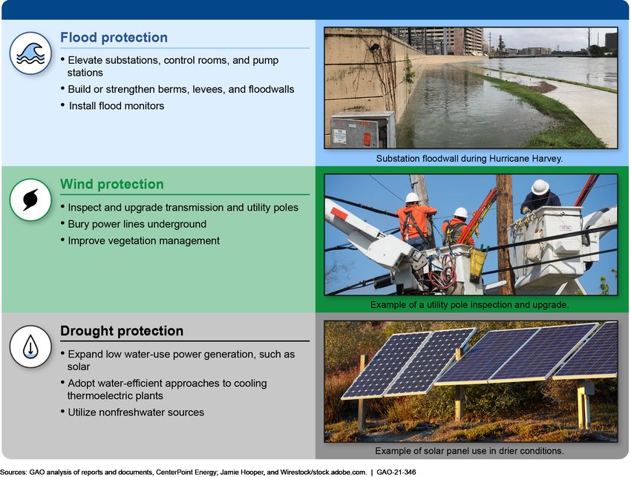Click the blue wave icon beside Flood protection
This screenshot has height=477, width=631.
[x=30, y=53]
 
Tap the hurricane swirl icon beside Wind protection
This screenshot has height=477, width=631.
[x=30, y=200]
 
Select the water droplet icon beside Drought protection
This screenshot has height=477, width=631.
[x=30, y=346]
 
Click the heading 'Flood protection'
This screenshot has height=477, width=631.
[x=114, y=37]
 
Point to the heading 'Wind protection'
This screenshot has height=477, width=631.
[x=112, y=184]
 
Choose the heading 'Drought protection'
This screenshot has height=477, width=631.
[x=122, y=331]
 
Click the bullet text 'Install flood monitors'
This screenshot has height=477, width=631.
[x=117, y=106]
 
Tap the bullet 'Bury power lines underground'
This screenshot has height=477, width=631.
[x=137, y=224]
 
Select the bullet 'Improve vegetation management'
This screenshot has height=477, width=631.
[x=144, y=240]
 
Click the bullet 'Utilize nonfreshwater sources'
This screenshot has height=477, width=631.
[x=136, y=412]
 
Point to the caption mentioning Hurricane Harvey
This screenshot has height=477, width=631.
[x=469, y=159]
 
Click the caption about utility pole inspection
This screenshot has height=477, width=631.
[x=469, y=305]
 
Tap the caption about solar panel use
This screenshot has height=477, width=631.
[x=469, y=451]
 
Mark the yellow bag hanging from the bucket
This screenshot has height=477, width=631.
[x=477, y=265]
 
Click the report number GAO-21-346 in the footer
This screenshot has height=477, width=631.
[x=396, y=472]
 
